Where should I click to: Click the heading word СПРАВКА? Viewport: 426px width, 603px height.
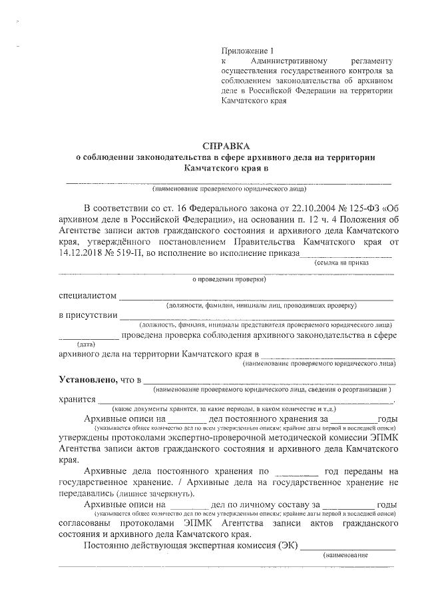228,145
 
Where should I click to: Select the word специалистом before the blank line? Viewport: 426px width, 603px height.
88,296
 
